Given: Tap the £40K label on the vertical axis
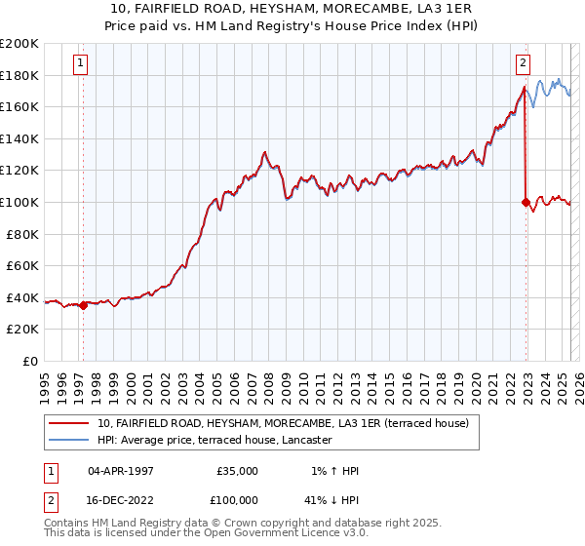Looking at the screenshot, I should point(22,297).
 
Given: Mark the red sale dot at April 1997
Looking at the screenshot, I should point(83,305).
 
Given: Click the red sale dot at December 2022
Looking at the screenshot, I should point(526,203).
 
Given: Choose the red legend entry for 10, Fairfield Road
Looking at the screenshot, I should point(283,423).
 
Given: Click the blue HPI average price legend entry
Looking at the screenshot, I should point(214,440).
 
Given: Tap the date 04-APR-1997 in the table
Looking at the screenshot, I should point(121,471).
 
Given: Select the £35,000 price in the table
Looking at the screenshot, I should point(237,471).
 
